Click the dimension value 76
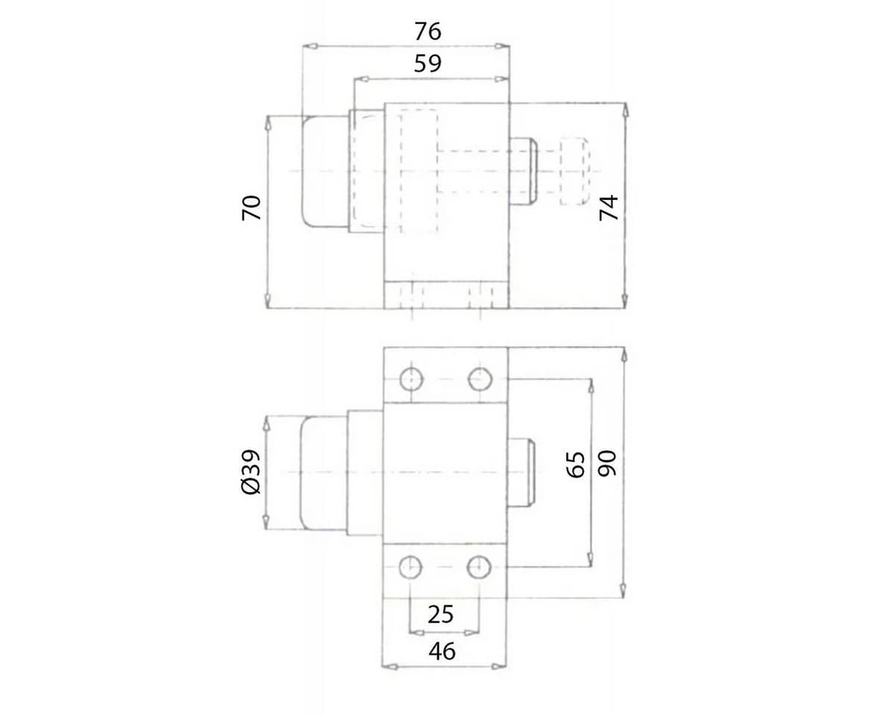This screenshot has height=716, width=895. [427, 31]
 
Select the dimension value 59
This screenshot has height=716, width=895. [427, 63]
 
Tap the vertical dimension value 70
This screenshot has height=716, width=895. [251, 207]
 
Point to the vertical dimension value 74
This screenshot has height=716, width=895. [609, 207]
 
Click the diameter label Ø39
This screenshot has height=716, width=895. [251, 472]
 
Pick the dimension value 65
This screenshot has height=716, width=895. [576, 465]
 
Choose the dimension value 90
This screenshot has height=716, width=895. [607, 463]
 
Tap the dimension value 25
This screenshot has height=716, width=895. [441, 615]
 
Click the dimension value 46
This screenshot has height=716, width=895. [442, 651]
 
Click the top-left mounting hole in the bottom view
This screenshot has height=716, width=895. [411, 380]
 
